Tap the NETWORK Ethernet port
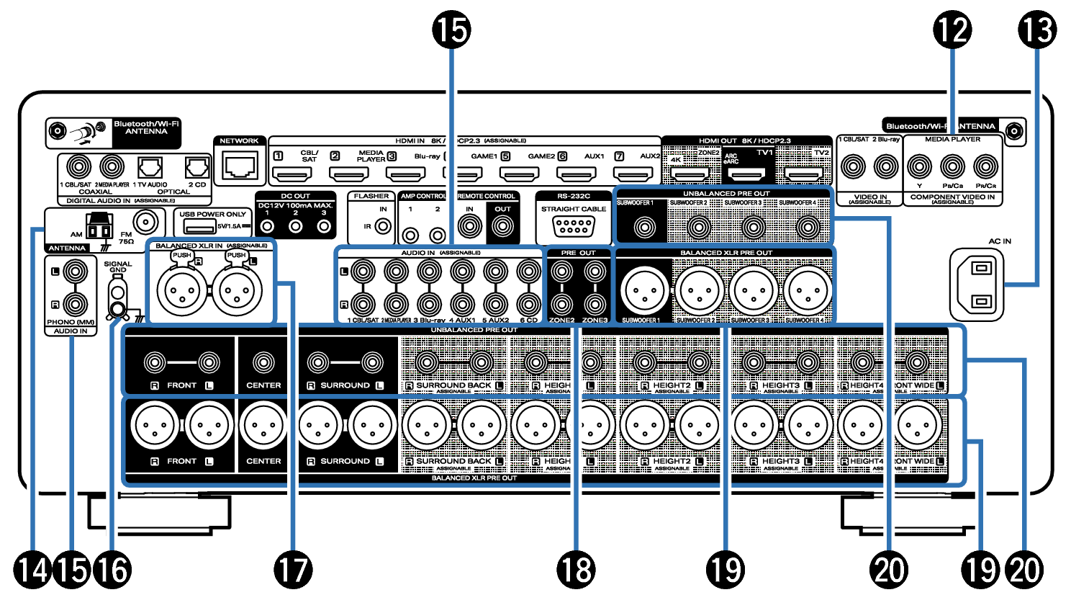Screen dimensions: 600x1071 (x=239, y=167)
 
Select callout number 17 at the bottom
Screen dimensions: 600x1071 (x=293, y=570)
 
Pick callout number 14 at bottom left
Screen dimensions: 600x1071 (x=33, y=570)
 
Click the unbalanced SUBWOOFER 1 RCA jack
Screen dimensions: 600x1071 (x=643, y=228)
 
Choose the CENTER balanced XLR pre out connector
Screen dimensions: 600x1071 (x=263, y=426)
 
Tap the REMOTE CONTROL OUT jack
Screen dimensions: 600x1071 (x=502, y=228)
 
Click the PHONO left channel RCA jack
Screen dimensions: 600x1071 (x=76, y=272)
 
